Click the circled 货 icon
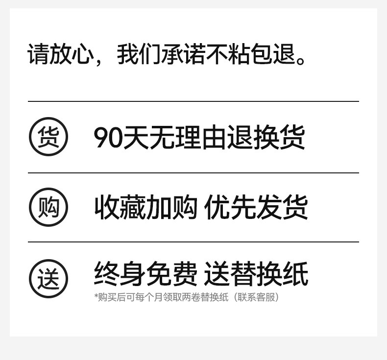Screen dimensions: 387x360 pyautogui.click(x=48, y=137)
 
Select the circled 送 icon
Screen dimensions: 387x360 pyautogui.click(x=48, y=279)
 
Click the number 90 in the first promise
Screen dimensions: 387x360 pyautogui.click(x=108, y=138)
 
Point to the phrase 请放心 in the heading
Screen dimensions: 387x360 pyautogui.click(x=60, y=54)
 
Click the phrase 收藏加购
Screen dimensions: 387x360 pyautogui.click(x=145, y=207)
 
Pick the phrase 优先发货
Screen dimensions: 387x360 pyautogui.click(x=256, y=207)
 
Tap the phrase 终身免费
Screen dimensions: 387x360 pyautogui.click(x=145, y=274)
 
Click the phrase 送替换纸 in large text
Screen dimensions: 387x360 pyautogui.click(x=256, y=274)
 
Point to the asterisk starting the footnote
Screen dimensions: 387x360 pyautogui.click(x=96, y=296)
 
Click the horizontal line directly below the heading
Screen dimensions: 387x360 pyautogui.click(x=193, y=101)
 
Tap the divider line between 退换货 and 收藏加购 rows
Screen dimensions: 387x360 pyautogui.click(x=193, y=173)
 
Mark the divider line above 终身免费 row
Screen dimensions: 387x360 pyautogui.click(x=193, y=242)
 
